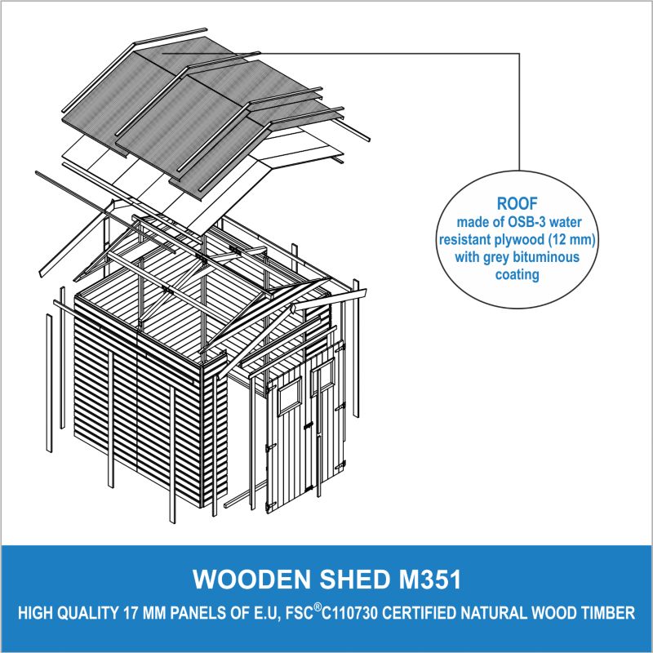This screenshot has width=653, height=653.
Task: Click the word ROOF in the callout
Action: pyautogui.click(x=518, y=203)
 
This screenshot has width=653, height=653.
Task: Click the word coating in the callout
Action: pyautogui.click(x=518, y=274)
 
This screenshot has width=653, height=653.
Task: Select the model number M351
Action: pyautogui.click(x=430, y=579)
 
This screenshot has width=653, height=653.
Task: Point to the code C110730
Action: pyautogui.click(x=350, y=614)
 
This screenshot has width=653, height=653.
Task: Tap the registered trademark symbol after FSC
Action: pyautogui.click(x=318, y=607)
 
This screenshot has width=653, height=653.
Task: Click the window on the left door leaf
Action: pyautogui.click(x=290, y=396)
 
